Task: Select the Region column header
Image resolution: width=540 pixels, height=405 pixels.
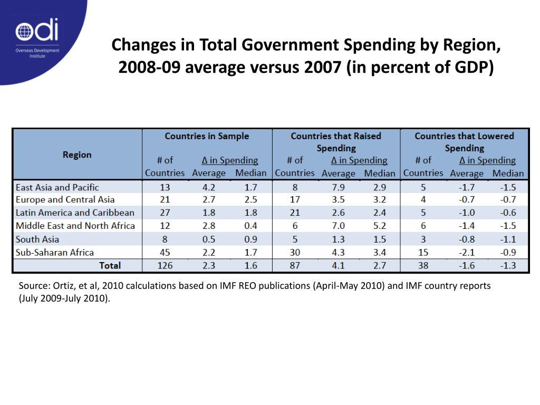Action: pyautogui.click(x=77, y=155)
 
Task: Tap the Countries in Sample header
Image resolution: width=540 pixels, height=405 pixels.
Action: pyautogui.click(x=207, y=136)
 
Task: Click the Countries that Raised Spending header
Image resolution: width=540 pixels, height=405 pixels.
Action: pyautogui.click(x=336, y=142)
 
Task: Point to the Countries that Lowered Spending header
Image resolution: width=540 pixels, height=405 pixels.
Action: pyautogui.click(x=464, y=142)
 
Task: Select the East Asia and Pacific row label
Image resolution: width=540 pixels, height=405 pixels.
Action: pyautogui.click(x=57, y=187)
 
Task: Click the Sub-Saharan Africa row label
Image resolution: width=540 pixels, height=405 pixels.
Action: pyautogui.click(x=55, y=253)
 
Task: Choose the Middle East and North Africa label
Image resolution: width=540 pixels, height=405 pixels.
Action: pyautogui.click(x=75, y=226)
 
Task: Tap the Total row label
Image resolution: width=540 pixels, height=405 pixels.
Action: pyautogui.click(x=110, y=266)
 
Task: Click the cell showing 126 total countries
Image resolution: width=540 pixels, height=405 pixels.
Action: pyautogui.click(x=165, y=266)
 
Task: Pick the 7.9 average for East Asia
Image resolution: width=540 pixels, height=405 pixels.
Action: pyautogui.click(x=338, y=187)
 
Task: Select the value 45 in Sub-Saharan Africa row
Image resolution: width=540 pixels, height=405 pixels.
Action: pyautogui.click(x=165, y=253)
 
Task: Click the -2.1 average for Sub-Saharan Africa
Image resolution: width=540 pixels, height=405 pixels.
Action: pyautogui.click(x=467, y=253)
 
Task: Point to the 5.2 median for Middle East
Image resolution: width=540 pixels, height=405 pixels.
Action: pyautogui.click(x=380, y=226)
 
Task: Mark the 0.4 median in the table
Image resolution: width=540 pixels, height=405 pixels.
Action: pyautogui.click(x=250, y=226)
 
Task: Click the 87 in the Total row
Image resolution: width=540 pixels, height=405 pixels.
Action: pyautogui.click(x=295, y=266)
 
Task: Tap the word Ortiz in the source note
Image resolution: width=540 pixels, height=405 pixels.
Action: pyautogui.click(x=64, y=286)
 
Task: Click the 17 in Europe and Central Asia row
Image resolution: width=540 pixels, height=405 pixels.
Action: pyautogui.click(x=295, y=200)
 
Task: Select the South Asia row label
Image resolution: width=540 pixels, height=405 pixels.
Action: pyautogui.click(x=37, y=239)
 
